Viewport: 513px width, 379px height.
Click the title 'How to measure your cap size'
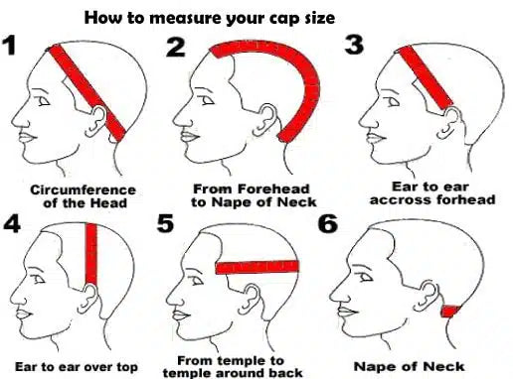coord(210,18)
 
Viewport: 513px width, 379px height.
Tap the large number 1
coord(9,46)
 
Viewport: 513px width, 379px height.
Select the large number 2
coord(176,47)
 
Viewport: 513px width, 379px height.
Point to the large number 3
coord(354,45)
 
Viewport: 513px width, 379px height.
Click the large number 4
coord(12,223)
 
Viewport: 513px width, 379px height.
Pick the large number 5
coord(165,223)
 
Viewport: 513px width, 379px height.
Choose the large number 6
coord(328,223)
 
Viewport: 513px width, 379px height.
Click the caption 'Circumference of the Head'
coord(83,196)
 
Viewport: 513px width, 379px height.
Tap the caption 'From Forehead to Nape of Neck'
coord(254,195)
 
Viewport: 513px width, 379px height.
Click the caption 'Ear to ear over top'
coord(77,367)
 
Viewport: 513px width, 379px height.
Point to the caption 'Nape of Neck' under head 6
coord(409,366)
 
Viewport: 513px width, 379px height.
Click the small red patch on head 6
coord(449,312)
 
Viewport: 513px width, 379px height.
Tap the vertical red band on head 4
coord(91,254)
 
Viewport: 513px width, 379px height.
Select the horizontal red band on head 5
coord(257,267)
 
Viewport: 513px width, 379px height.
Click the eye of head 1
coord(44,101)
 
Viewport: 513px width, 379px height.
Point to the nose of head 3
coord(365,121)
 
